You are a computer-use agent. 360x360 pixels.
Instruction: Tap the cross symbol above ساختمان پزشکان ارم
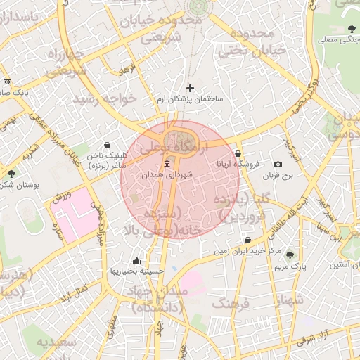[190, 88]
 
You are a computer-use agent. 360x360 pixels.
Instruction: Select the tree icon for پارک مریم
[290, 255]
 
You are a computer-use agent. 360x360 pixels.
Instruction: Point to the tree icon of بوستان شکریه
[11, 173]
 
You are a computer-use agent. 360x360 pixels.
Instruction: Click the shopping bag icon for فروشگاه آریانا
[238, 153]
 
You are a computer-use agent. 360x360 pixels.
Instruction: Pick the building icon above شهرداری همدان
[167, 165]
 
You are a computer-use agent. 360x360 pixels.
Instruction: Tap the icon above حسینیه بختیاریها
[136, 260]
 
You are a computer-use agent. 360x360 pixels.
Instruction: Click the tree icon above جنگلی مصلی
[352, 29]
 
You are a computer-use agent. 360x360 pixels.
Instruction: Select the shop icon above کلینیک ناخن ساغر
[106, 146]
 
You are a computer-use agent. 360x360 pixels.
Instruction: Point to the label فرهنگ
[231, 304]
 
